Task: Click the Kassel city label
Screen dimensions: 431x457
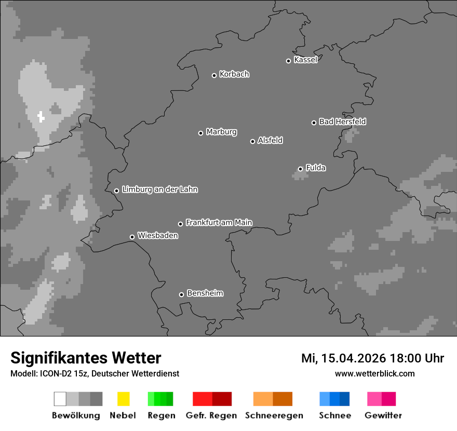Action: pyautogui.click(x=305, y=60)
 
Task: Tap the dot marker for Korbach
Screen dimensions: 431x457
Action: pyautogui.click(x=214, y=75)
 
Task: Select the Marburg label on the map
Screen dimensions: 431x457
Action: pyautogui.click(x=221, y=132)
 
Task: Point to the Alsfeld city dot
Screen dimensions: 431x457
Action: pyautogui.click(x=252, y=141)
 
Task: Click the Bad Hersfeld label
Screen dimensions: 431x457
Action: pyautogui.click(x=342, y=122)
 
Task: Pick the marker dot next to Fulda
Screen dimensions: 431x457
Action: pyautogui.click(x=300, y=169)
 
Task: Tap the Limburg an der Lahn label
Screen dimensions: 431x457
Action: pyautogui.click(x=159, y=190)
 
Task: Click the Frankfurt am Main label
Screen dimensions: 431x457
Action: pyautogui.click(x=219, y=223)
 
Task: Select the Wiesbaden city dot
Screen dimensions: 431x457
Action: pyautogui.click(x=132, y=237)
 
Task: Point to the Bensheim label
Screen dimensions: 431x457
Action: pyautogui.click(x=205, y=293)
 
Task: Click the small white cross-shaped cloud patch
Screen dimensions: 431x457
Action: pyautogui.click(x=41, y=116)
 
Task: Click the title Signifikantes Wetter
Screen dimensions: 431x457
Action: pyautogui.click(x=86, y=358)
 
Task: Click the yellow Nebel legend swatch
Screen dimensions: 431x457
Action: pyautogui.click(x=123, y=399)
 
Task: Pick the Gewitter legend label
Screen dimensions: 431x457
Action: pyautogui.click(x=383, y=415)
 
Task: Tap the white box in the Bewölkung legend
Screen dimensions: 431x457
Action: pyautogui.click(x=60, y=399)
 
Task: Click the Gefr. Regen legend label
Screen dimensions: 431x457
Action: pyautogui.click(x=211, y=415)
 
